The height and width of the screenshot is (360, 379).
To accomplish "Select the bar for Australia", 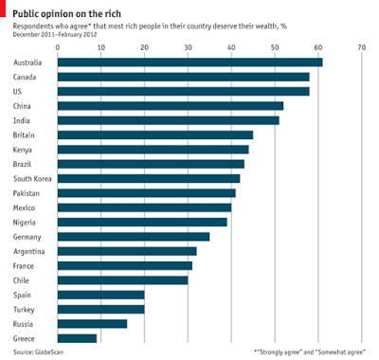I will (x=189, y=63).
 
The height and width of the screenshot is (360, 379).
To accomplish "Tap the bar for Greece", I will (x=77, y=338).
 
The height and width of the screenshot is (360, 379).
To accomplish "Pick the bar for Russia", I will (x=92, y=324).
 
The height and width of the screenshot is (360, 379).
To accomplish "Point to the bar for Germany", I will (x=134, y=236).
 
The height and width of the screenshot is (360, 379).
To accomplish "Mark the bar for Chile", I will (x=122, y=280).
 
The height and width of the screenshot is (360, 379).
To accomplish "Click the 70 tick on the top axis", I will (x=361, y=45).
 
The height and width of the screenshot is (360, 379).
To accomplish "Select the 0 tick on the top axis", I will (x=58, y=45).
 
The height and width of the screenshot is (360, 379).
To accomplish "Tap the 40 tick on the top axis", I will (x=231, y=45).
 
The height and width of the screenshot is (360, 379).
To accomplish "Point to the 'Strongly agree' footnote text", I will (x=310, y=352).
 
